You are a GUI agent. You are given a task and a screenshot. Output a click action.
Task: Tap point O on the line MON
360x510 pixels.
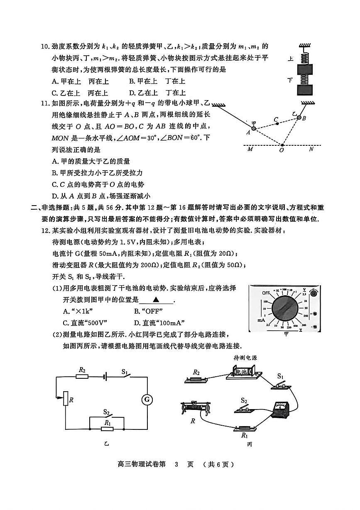coord(281,145)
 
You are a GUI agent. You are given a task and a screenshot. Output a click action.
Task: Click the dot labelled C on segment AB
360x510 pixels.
coord(277,124)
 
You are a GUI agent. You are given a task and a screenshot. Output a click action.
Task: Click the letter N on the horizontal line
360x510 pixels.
coord(311,150)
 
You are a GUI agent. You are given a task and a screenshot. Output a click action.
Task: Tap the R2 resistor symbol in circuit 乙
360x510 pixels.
coord(82,376)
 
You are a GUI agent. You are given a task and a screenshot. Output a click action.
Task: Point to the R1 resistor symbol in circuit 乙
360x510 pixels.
coord(107,429)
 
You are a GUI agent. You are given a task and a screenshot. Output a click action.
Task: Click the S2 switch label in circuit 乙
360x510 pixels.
coord(107,412)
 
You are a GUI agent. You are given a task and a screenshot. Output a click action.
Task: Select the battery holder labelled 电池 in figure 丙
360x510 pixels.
coord(244,372)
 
